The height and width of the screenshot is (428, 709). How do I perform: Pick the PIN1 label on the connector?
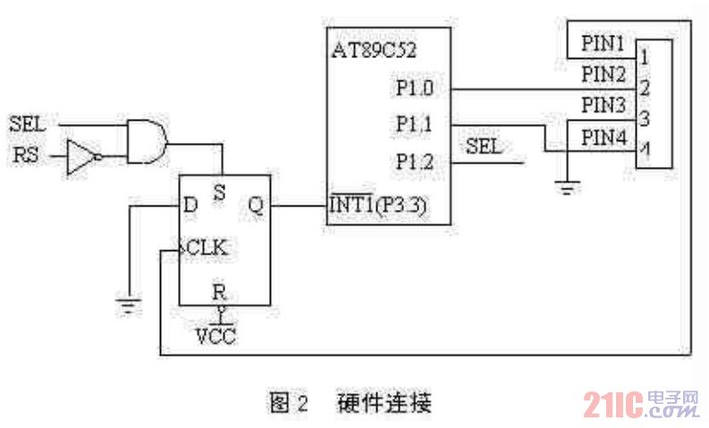(x=603, y=42)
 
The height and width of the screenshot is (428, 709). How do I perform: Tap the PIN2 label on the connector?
(x=603, y=72)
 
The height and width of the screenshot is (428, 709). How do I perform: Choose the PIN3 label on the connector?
(x=603, y=105)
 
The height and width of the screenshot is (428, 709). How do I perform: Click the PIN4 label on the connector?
(x=603, y=138)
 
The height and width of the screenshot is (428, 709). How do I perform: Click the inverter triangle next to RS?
(x=80, y=158)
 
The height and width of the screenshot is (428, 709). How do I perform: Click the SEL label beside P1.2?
(x=484, y=147)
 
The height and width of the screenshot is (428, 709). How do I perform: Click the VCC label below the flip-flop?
(x=216, y=337)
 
